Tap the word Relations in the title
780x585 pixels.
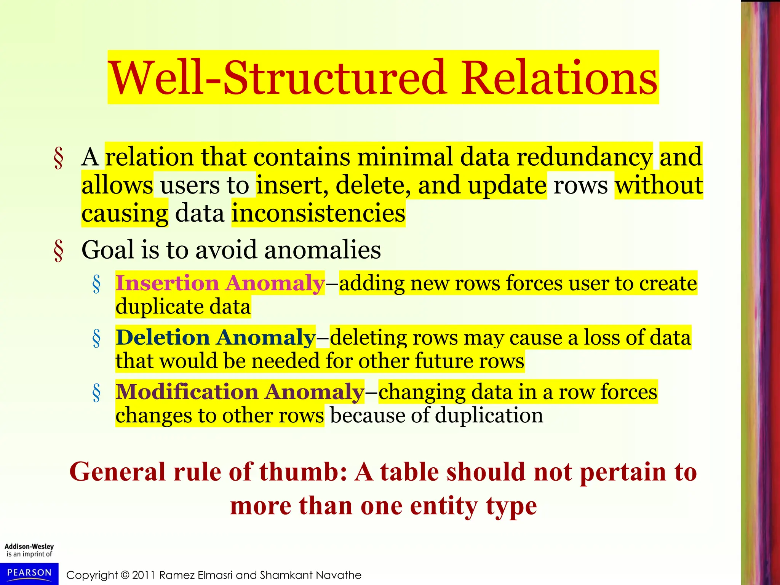[559, 78]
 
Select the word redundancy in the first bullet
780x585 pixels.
[585, 157]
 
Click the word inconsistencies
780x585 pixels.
[318, 213]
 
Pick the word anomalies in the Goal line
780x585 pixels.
[322, 250]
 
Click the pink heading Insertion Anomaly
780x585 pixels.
[220, 283]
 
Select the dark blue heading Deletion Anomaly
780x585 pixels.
[216, 338]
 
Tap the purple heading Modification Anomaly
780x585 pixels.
[240, 392]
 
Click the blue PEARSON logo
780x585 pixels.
[29, 574]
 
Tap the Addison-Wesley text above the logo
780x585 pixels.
[29, 547]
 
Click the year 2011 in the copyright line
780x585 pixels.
[144, 575]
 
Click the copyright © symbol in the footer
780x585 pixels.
[125, 575]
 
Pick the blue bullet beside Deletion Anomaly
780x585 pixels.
[96, 339]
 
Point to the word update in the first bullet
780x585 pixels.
[507, 185]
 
